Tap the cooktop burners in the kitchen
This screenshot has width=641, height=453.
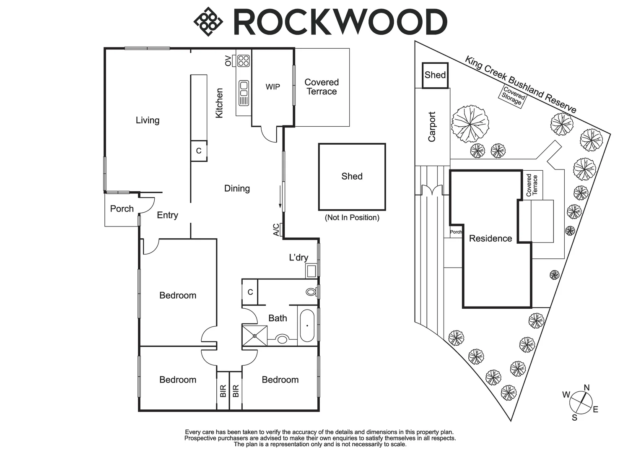click(x=244, y=61)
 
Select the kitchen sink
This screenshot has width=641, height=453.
click(x=244, y=93)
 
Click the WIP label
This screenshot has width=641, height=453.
click(x=273, y=87)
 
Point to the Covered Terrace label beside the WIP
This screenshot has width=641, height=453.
click(x=322, y=87)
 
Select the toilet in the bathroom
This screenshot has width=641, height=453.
click(x=311, y=292)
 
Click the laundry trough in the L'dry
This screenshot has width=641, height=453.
click(x=311, y=271)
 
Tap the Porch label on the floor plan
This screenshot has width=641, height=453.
click(x=122, y=209)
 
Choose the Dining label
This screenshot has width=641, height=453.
click(x=237, y=189)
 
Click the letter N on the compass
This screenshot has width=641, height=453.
click(x=587, y=388)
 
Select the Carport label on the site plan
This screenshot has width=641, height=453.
click(x=432, y=127)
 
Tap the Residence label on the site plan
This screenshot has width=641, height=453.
click(x=490, y=239)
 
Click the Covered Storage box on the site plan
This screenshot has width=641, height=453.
click(x=513, y=96)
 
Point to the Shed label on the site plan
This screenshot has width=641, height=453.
click(x=435, y=75)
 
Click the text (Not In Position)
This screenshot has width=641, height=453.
click(x=352, y=218)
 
